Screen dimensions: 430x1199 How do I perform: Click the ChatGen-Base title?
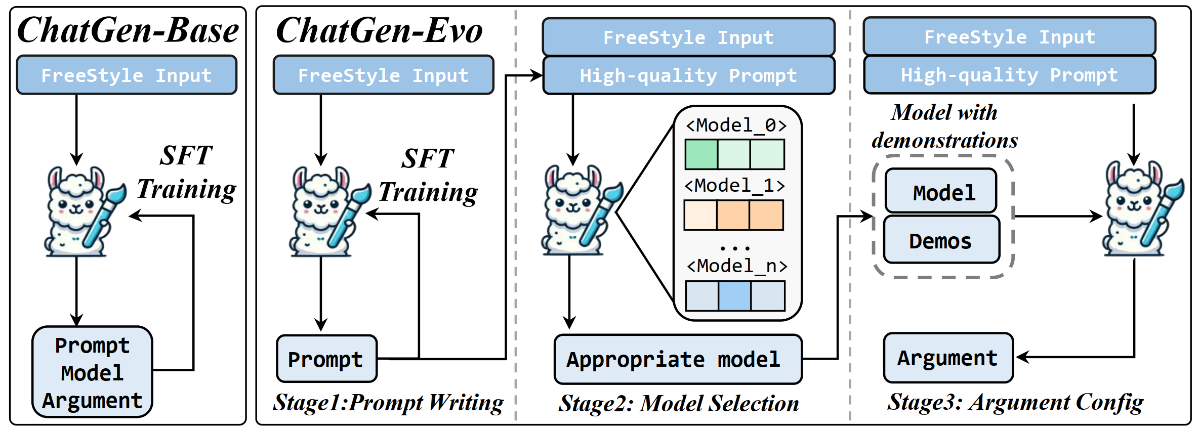pyautogui.click(x=128, y=31)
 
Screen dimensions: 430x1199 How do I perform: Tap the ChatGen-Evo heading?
pyautogui.click(x=379, y=31)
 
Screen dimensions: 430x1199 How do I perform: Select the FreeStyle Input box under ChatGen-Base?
pyautogui.click(x=127, y=75)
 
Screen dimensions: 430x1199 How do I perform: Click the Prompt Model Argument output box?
pyautogui.click(x=92, y=372)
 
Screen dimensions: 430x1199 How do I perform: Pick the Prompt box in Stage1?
pyautogui.click(x=326, y=359)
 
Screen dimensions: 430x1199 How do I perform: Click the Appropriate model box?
pyautogui.click(x=678, y=360)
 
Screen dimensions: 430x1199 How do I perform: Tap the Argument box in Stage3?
pyautogui.click(x=948, y=358)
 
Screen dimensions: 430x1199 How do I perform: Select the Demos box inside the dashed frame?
pyautogui.click(x=941, y=241)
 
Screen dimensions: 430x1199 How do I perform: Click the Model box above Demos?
pyautogui.click(x=941, y=192)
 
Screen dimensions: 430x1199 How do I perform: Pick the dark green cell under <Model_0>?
pyautogui.click(x=701, y=155)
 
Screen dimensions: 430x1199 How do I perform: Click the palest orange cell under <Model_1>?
pyautogui.click(x=700, y=216)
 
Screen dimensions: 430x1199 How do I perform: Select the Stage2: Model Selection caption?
pyautogui.click(x=679, y=404)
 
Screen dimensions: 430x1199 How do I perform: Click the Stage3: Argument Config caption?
pyautogui.click(x=1015, y=403)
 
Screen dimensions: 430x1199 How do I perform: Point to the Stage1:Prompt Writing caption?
pyautogui.click(x=388, y=403)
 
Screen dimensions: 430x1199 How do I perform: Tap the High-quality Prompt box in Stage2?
pyautogui.click(x=688, y=76)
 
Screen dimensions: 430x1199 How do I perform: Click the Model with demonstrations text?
pyautogui.click(x=944, y=126)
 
